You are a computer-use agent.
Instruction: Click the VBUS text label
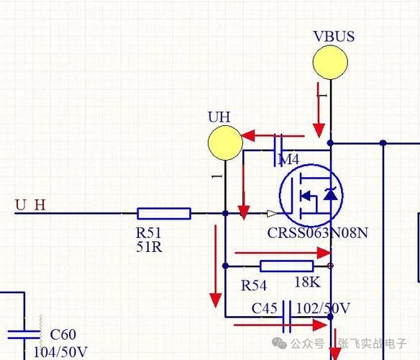point(334,36)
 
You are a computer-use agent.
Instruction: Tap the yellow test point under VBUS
point(330,62)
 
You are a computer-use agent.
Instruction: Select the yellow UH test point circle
point(225,143)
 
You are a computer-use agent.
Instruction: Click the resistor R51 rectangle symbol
point(164,214)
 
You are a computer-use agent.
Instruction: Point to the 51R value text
point(149,247)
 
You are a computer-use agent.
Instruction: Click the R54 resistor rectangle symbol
point(287,266)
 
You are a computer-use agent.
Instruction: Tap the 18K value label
point(308,282)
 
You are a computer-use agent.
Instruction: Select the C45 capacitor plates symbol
point(287,317)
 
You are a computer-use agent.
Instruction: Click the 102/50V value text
point(323,308)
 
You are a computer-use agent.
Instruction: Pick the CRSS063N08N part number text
point(318,233)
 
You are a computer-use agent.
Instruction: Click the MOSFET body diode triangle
point(331,194)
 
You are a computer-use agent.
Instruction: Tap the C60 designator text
point(63,335)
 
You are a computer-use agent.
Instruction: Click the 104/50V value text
point(60,351)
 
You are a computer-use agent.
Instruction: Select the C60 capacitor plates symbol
point(24,334)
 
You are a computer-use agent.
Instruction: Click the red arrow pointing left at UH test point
point(273,136)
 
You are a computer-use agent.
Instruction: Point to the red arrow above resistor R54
point(283,253)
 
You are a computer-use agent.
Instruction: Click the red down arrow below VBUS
point(319,110)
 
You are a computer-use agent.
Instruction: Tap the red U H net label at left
point(30,205)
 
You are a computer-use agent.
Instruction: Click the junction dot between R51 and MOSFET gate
point(225,214)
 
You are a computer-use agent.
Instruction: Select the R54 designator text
point(254,285)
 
